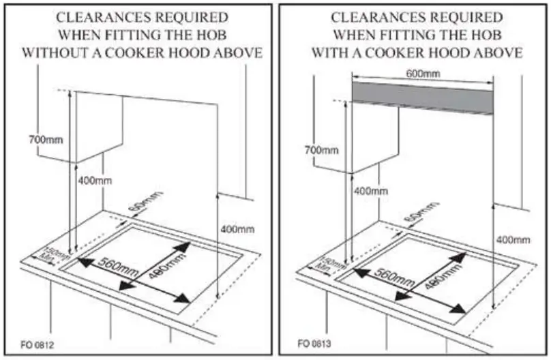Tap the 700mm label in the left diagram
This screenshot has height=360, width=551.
click(45, 139)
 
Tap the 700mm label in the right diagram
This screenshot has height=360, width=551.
click(321, 149)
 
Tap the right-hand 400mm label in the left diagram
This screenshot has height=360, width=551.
click(237, 229)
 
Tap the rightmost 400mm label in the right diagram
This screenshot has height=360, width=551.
click(513, 239)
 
